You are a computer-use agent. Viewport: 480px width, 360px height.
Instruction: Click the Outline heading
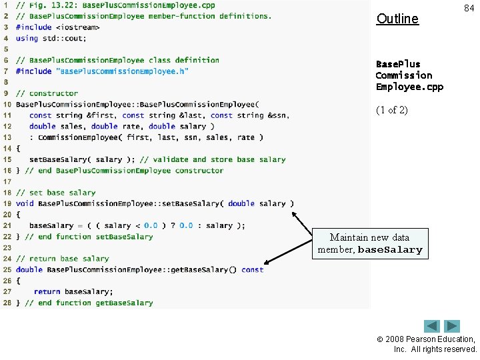point(397,19)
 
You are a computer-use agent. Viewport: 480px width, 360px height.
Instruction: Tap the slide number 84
point(469,7)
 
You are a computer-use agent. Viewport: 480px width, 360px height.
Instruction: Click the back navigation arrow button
point(433,327)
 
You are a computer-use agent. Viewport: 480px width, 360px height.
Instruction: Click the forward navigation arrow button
point(453,327)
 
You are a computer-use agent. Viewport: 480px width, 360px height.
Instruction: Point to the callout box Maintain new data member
point(369,243)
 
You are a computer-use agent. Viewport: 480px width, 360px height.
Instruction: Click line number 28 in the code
point(7,303)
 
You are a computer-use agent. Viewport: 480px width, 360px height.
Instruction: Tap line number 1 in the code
point(7,5)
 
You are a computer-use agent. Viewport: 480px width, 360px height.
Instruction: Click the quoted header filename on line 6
point(122,71)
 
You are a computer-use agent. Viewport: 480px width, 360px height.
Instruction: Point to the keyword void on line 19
point(25,203)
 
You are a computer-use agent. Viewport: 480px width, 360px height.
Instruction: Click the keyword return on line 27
point(47,291)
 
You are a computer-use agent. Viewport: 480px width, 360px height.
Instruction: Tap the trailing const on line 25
point(253,269)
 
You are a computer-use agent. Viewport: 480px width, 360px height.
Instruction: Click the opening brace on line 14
point(18,148)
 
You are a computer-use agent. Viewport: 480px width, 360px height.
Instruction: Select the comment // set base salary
point(56,193)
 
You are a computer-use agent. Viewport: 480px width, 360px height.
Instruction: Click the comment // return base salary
point(63,259)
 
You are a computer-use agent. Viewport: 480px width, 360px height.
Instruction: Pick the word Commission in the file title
point(404,75)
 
